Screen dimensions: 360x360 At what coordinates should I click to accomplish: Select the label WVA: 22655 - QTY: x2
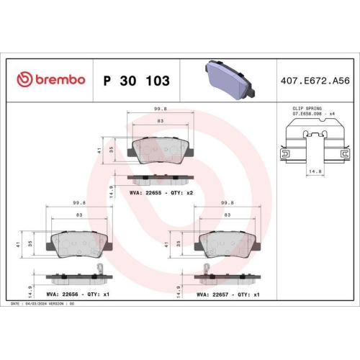[x=161, y=193]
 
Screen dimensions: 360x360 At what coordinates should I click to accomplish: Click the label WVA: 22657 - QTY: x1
[x=229, y=294]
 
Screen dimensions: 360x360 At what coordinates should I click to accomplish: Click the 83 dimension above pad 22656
[x=77, y=215]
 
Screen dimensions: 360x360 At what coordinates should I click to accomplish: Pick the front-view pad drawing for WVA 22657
[x=228, y=245]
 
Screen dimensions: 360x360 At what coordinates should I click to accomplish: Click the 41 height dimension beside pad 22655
[x=99, y=150]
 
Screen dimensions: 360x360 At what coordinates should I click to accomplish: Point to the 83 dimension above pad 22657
[x=228, y=215]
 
